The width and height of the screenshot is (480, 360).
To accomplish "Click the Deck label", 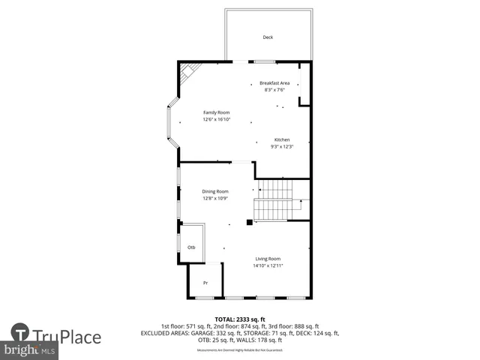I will (268, 37).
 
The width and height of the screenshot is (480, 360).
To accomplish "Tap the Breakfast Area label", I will (274, 82).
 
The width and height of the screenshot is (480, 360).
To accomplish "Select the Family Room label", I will (216, 112).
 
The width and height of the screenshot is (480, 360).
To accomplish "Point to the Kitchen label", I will (281, 140).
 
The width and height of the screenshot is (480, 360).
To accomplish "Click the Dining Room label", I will (214, 192).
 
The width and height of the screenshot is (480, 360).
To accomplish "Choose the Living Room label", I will (268, 259).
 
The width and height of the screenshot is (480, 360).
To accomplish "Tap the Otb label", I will (191, 247).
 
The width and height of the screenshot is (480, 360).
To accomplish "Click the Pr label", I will (205, 283).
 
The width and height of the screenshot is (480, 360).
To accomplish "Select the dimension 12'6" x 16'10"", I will (216, 119).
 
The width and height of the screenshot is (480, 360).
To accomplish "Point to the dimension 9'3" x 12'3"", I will (281, 147).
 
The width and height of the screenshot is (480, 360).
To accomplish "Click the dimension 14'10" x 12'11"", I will (268, 265).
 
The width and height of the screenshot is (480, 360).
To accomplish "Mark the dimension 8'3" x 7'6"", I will (274, 90).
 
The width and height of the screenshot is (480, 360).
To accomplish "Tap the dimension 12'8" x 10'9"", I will (214, 199).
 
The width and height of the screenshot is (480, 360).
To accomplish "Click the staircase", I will (274, 199).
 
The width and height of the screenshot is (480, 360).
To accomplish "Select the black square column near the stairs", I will (250, 221).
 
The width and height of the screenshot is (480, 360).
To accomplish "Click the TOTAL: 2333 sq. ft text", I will (240, 319).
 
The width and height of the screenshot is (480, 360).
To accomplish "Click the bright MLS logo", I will (30, 350).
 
